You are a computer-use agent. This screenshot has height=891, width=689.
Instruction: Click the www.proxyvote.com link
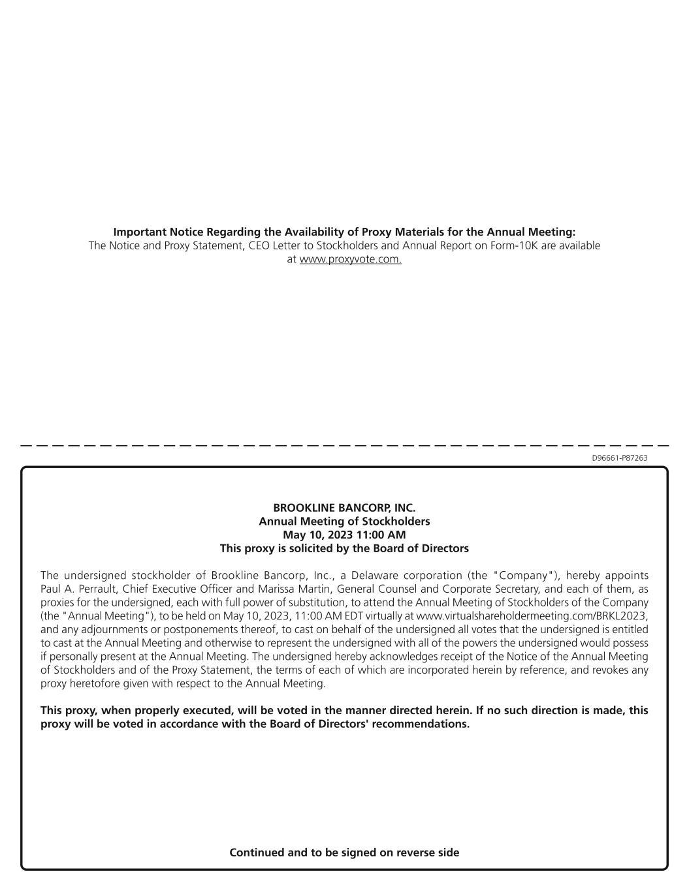tap(350, 259)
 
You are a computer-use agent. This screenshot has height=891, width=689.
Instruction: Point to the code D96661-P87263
tap(620, 458)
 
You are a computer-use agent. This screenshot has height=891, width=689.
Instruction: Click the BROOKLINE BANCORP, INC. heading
tap(344, 508)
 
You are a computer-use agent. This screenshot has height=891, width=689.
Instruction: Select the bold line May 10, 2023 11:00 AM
tap(344, 535)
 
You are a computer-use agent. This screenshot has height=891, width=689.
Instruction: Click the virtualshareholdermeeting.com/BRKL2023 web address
tap(532, 616)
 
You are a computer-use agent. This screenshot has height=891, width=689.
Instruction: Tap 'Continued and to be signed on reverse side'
tap(344, 852)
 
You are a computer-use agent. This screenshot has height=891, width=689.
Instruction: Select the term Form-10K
tap(512, 245)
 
